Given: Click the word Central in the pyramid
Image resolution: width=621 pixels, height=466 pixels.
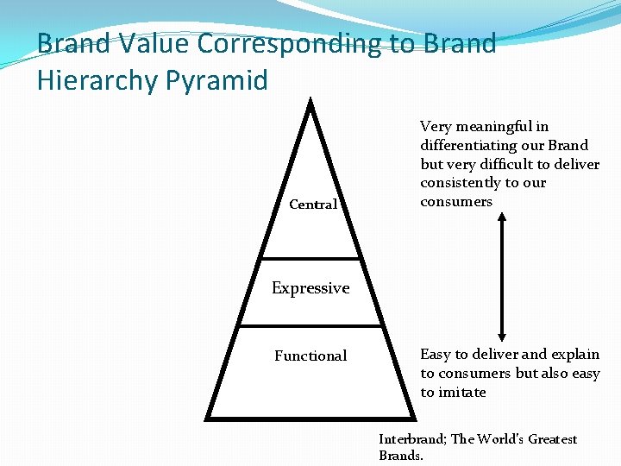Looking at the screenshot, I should tap(313, 205).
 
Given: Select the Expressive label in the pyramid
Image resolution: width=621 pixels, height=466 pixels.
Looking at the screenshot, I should tap(310, 288).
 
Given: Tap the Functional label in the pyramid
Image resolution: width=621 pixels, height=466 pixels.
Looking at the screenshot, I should tap(310, 356).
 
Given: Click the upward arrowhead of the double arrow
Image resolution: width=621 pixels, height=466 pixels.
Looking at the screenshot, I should tap(502, 217).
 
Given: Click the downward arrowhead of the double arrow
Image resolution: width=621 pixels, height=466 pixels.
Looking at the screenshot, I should tap(502, 337).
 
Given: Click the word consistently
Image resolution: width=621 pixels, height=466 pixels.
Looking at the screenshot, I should tap(461, 183).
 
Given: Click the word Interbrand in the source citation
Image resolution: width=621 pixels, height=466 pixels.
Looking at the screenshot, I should tap(411, 439).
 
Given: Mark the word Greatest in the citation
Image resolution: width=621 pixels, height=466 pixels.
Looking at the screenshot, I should tap(552, 439).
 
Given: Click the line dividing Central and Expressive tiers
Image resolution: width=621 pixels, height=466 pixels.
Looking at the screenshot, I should tap(310, 258).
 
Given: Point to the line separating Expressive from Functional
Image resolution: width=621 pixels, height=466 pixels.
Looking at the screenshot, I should tap(310, 325).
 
